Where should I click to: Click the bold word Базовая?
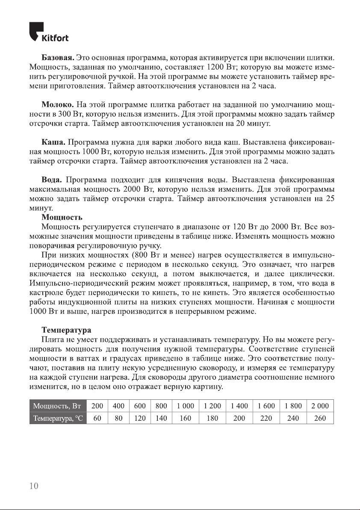58,57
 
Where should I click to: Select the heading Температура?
66,330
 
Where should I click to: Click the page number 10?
34,486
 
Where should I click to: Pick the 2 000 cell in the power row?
320,406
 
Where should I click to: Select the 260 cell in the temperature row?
320,418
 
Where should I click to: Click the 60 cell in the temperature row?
97,418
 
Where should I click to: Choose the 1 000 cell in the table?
185,406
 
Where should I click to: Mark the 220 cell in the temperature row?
266,418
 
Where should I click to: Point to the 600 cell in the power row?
140,406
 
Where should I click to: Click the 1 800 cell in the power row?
293,406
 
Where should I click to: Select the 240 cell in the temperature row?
293,418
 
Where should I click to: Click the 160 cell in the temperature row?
185,418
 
